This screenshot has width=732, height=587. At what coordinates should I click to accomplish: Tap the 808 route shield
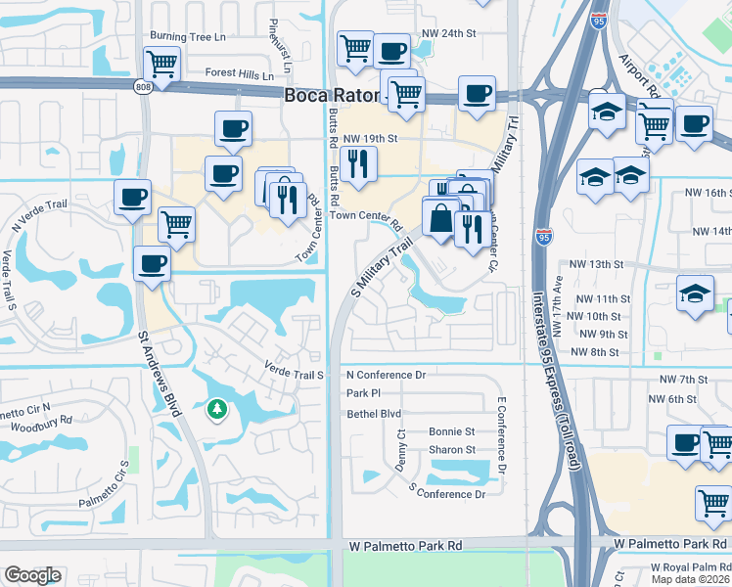coord(143,87)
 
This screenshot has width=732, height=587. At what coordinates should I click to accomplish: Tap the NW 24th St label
coord(447,33)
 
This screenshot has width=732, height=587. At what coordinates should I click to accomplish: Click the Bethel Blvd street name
coord(375,414)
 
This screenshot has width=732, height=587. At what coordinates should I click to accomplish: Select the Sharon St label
coord(451,450)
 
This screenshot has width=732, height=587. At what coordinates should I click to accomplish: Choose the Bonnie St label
coord(451,431)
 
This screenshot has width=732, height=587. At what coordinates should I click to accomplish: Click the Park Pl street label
coord(362,393)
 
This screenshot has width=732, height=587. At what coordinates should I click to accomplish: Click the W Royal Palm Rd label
coord(690,566)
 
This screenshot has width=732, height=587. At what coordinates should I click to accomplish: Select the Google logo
coord(32,575)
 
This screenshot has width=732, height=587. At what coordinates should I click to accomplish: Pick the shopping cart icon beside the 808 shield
coord(162,64)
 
